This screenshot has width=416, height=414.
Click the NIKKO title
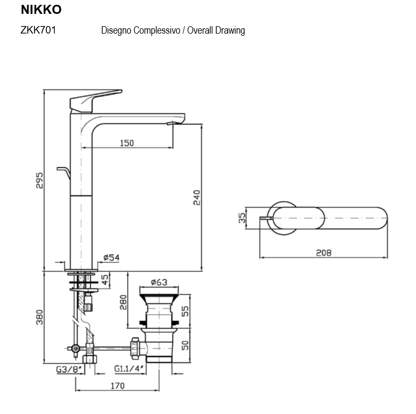[41, 10]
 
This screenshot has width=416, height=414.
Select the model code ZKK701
[38, 30]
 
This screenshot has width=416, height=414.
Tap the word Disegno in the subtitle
[116, 30]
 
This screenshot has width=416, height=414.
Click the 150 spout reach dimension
[127, 143]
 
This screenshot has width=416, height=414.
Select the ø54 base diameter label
[111, 257]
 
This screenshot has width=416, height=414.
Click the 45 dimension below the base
[105, 279]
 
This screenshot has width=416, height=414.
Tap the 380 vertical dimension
[38, 318]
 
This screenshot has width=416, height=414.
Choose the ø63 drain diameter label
[159, 282]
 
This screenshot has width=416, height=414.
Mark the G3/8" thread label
[69, 369]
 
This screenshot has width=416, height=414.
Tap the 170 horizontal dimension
[117, 385]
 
